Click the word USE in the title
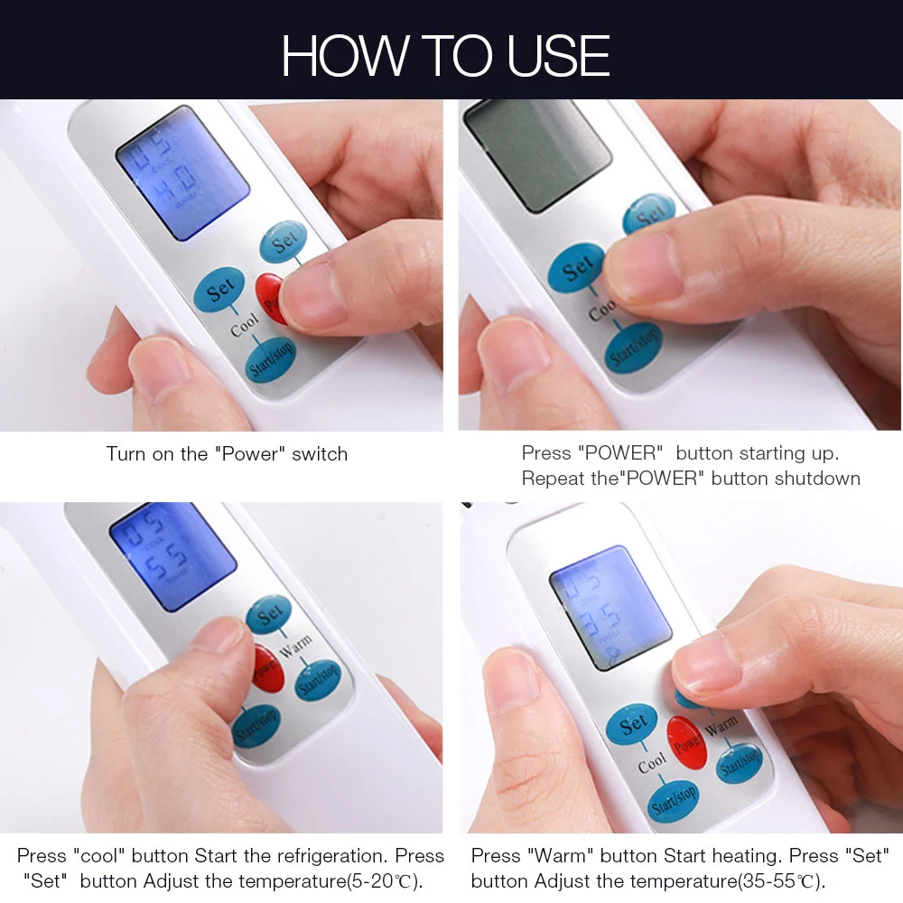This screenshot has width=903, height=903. pyautogui.click(x=559, y=56)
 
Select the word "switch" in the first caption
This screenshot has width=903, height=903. pyautogui.click(x=320, y=453)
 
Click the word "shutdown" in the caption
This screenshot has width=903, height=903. pyautogui.click(x=816, y=478)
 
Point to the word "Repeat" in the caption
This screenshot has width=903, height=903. pyautogui.click(x=554, y=478)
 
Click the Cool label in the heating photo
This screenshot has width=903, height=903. pyautogui.click(x=652, y=763)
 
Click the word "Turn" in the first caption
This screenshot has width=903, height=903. pyautogui.click(x=126, y=453)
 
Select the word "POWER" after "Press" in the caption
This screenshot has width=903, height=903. pyautogui.click(x=620, y=453)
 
